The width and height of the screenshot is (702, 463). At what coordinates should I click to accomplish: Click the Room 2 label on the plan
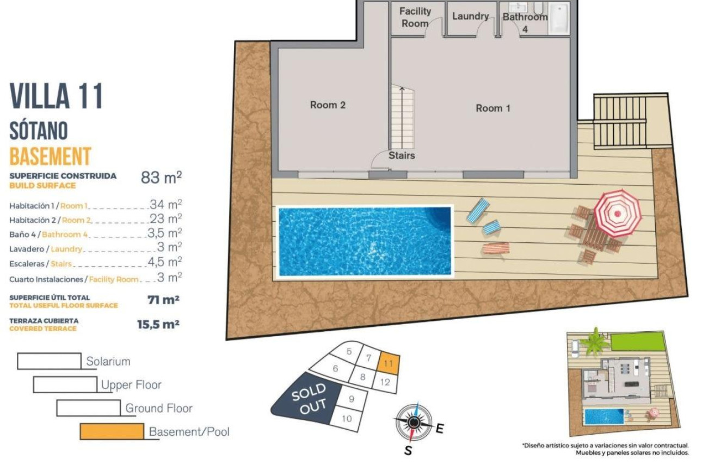click(328, 105)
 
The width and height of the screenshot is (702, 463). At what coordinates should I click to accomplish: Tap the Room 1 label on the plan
click(493, 108)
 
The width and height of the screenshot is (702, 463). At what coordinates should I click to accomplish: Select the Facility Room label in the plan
click(415, 17)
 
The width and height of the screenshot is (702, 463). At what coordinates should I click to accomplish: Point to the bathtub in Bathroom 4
click(559, 18)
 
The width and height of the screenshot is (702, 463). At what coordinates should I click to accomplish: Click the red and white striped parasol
click(617, 212)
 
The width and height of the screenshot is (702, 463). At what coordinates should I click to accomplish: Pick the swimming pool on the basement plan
click(365, 241)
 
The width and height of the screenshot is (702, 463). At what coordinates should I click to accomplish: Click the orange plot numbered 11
click(389, 363)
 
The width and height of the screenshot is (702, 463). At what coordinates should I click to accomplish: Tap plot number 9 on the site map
click(351, 399)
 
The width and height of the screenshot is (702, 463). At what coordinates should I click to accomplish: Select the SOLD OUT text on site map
click(309, 399)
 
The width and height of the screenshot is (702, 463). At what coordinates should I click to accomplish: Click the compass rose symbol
click(414, 422)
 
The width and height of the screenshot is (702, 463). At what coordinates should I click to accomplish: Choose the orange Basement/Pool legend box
click(112, 431)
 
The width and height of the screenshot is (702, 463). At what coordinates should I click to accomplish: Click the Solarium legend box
click(49, 361)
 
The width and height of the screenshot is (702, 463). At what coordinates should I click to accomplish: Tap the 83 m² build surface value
click(161, 178)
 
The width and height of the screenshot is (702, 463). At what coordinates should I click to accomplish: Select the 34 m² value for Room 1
click(165, 205)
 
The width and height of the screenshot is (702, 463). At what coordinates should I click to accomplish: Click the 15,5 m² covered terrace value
click(158, 325)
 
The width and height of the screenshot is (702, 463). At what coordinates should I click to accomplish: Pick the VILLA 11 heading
click(57, 96)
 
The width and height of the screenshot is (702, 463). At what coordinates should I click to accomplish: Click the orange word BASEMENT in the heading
click(50, 156)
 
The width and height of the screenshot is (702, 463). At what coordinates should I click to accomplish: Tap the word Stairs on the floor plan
click(402, 156)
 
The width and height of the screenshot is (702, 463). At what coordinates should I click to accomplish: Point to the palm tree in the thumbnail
click(595, 341)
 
